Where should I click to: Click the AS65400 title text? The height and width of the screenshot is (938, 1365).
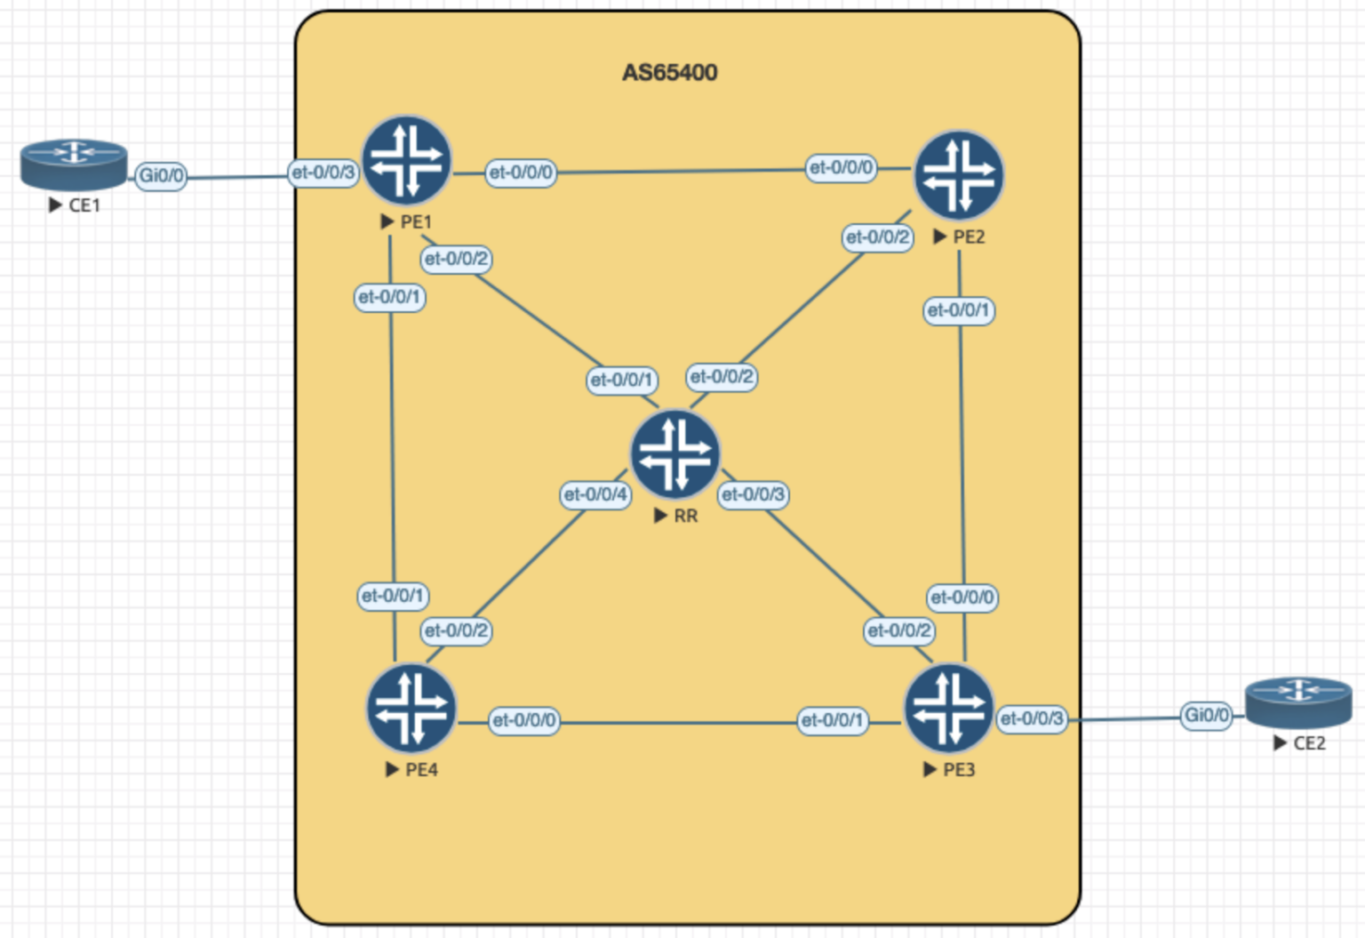(669, 72)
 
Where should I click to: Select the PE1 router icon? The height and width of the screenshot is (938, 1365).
(407, 161)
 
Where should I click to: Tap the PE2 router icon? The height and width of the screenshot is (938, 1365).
(959, 175)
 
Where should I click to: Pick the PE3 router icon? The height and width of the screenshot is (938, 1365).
(948, 709)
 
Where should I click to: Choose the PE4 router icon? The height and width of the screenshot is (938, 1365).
(411, 709)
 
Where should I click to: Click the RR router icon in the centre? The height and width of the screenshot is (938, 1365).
(675, 453)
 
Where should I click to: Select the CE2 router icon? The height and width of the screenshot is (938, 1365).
(1298, 701)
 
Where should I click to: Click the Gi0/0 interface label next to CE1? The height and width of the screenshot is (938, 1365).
(161, 175)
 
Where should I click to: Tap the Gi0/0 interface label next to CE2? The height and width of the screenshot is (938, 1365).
(1207, 715)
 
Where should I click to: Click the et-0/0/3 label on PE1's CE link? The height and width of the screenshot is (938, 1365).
(323, 172)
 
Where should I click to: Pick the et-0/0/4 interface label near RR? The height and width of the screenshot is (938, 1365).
(595, 494)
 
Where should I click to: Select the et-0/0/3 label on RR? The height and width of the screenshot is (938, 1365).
(753, 494)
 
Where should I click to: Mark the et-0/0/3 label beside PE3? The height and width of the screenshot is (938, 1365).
(1031, 718)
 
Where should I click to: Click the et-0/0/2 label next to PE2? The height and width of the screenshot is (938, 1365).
(878, 237)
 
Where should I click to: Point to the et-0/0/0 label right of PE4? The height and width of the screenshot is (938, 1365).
(524, 720)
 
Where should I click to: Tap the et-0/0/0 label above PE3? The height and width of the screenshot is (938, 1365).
(962, 597)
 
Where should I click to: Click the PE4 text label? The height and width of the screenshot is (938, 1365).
(421, 770)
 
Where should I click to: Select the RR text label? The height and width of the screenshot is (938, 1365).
(685, 516)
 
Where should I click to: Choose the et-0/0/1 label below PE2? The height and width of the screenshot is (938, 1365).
(958, 310)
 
